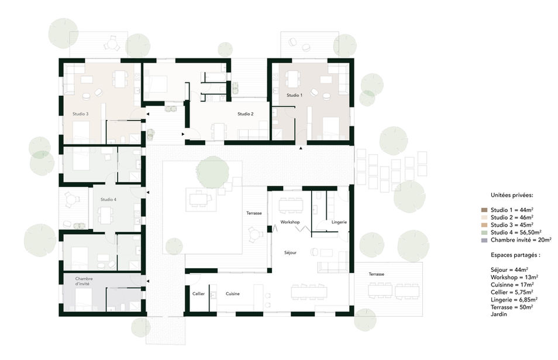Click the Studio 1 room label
tap(294, 95)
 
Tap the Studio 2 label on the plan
tap(246, 114)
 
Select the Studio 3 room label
tap(81, 114)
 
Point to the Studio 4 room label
tap(108, 199)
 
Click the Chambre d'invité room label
tap(84, 281)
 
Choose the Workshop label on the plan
tap(290, 222)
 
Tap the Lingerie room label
tap(339, 222)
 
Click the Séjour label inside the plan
tap(290, 252)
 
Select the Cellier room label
tap(198, 294)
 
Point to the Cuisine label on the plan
tap(233, 294)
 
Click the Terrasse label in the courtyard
tap(254, 213)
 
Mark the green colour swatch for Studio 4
tap(484, 233)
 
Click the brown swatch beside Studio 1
tap(484, 210)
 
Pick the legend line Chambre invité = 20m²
tap(521, 240)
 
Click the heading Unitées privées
tap(512, 195)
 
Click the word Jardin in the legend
tap(499, 314)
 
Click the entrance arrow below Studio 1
tap(301, 148)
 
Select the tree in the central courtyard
tap(213, 172)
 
